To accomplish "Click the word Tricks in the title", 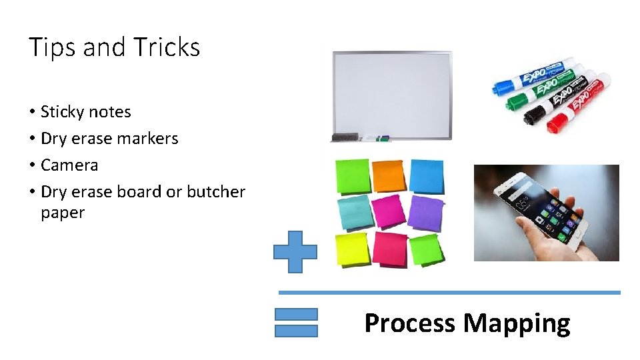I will (166, 47).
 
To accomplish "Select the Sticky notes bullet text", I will (85, 112).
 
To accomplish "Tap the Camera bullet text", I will (69, 165).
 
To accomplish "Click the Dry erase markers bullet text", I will (109, 139).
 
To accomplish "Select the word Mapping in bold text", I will (517, 323).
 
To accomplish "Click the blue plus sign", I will (295, 252).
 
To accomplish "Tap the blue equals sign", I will (296, 322).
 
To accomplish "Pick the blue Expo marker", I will (533, 75).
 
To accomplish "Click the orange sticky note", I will (388, 175).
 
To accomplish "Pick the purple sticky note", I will (426, 213).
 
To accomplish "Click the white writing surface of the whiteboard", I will (392, 93).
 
